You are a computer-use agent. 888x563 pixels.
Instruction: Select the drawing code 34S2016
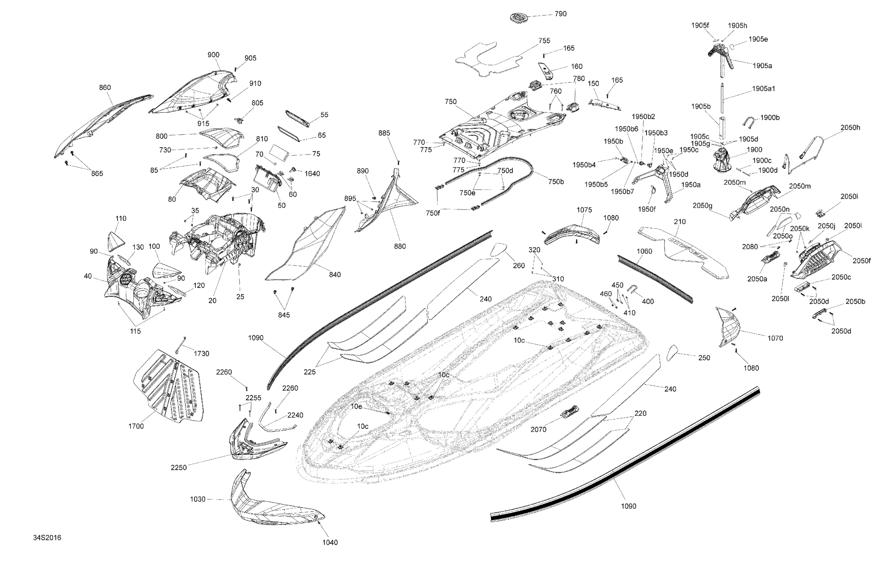tap(47, 538)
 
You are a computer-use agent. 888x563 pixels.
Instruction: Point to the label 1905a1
tap(763, 89)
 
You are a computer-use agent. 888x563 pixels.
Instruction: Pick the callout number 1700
tap(136, 426)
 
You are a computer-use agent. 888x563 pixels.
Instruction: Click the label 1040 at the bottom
tap(330, 542)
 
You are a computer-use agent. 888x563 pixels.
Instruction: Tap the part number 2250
tap(178, 467)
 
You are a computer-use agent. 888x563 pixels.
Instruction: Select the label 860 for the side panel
tap(105, 87)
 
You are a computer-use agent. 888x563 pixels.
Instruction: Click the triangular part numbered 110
tap(115, 241)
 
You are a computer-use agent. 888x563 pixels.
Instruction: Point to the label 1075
tap(584, 210)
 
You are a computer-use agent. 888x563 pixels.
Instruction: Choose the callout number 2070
tap(538, 429)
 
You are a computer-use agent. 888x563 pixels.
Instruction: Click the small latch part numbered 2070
tap(570, 411)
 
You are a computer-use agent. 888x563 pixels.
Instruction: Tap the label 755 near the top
tap(544, 41)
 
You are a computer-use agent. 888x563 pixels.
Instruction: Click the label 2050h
tap(850, 128)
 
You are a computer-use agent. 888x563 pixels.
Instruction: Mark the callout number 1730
tap(201, 353)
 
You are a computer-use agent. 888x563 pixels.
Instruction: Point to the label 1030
tap(198, 499)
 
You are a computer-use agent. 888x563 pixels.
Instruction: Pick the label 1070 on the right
tap(775, 338)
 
